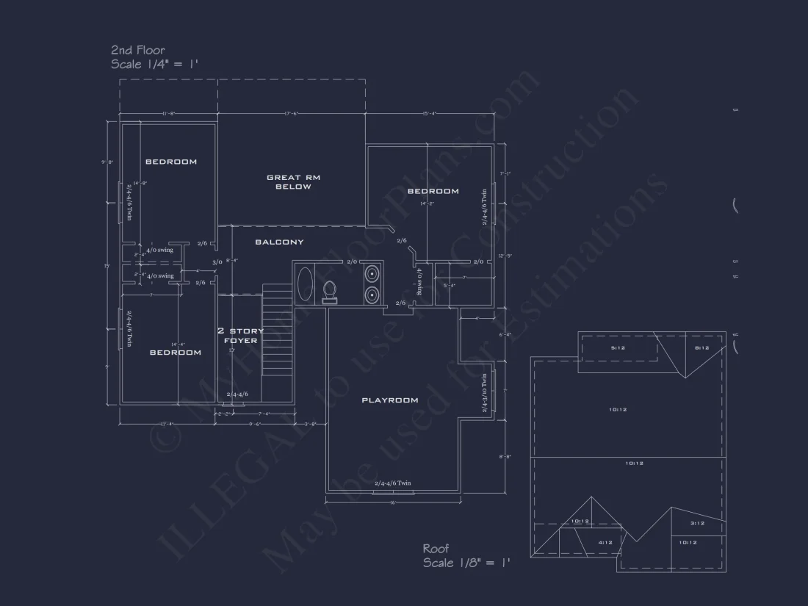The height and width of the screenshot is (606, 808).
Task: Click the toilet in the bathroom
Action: click(330, 291)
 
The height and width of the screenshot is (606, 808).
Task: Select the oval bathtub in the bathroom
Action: click(305, 284)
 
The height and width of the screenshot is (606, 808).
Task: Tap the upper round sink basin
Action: click(372, 274)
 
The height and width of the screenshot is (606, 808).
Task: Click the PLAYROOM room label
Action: click(390, 400)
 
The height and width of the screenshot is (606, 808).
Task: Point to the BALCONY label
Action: click(279, 242)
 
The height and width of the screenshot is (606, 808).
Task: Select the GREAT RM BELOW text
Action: click(293, 182)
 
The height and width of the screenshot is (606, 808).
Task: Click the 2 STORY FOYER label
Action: click(240, 336)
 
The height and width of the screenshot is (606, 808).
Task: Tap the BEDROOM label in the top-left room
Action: click(170, 162)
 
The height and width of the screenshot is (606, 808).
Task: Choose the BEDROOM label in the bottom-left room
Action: click(176, 353)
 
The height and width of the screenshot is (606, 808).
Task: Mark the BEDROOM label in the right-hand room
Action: click(433, 191)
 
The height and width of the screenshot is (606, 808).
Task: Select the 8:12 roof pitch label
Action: click(702, 348)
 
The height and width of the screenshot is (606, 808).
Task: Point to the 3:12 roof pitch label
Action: click(697, 524)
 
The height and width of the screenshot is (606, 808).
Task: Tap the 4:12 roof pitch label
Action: click(605, 543)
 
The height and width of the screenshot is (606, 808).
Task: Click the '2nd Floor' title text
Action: click(138, 50)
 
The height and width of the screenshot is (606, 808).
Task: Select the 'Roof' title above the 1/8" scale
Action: click(436, 549)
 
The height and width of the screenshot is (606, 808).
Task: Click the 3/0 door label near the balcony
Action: click(217, 262)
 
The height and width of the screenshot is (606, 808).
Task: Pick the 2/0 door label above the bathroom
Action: click(352, 261)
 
